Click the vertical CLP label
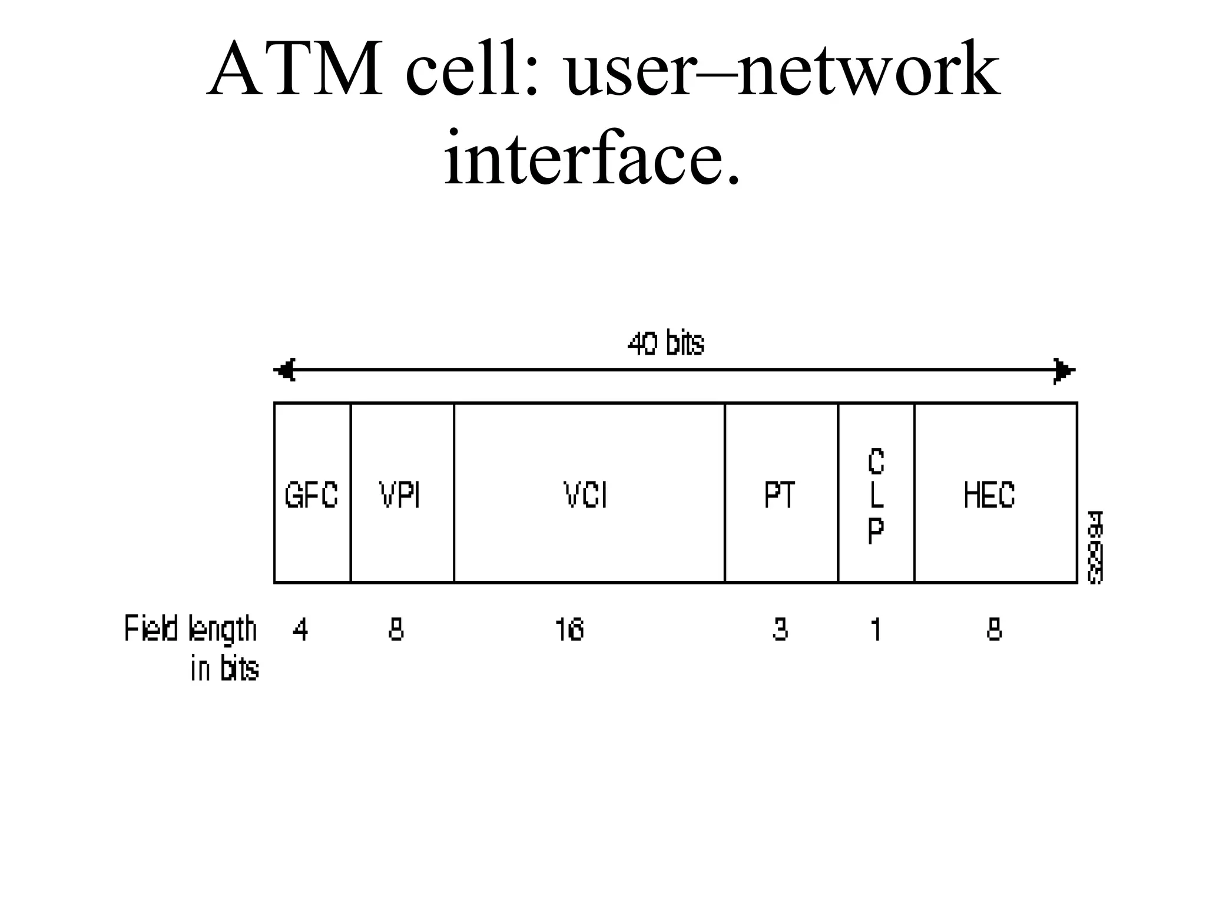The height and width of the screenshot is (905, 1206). coord(876,496)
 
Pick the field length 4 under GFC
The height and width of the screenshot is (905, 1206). coord(300,630)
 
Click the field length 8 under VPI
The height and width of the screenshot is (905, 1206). coord(396,630)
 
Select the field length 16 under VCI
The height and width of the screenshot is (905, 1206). coord(569,630)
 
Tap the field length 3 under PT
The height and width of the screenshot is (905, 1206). coord(780,630)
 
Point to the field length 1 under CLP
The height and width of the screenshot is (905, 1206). coord(876,630)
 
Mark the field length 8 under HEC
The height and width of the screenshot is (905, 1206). coord(994,630)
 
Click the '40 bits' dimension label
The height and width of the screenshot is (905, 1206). coord(666,343)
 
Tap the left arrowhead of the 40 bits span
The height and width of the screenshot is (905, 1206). coord(285,371)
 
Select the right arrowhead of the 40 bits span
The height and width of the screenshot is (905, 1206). coord(1064,371)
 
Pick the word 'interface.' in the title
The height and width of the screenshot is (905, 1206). coord(592,158)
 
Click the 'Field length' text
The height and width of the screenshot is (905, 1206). coord(191,629)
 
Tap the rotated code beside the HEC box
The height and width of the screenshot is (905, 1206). coord(1095,547)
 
